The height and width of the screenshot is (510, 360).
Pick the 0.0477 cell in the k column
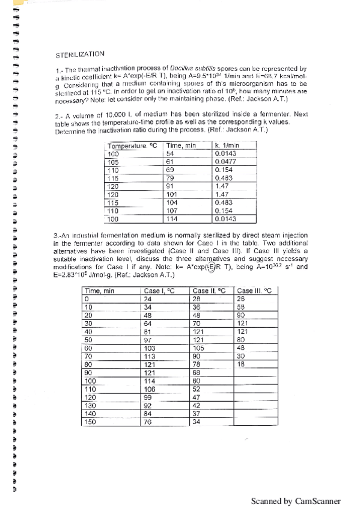click(225, 162)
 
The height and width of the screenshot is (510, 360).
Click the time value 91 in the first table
click(169, 186)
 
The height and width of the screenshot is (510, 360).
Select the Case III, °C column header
click(254, 290)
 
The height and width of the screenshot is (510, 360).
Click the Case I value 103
click(150, 348)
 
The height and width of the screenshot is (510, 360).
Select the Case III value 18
click(241, 364)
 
